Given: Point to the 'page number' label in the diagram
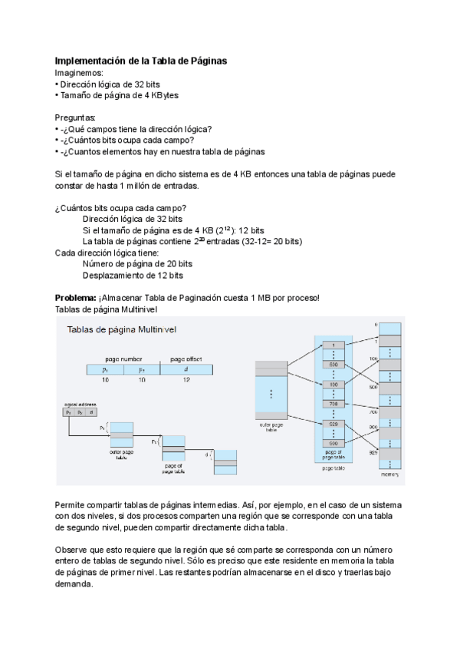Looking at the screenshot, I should [123, 359].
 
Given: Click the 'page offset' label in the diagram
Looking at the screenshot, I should [186, 359].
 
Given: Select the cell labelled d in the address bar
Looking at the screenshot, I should [186, 369].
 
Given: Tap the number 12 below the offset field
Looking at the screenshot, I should [186, 380].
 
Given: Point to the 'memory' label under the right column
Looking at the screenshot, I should [391, 474].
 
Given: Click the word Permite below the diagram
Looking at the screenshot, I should [72, 504].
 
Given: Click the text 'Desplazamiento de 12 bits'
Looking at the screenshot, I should [133, 275].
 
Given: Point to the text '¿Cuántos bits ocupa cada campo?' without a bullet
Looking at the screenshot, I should [120, 208].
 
